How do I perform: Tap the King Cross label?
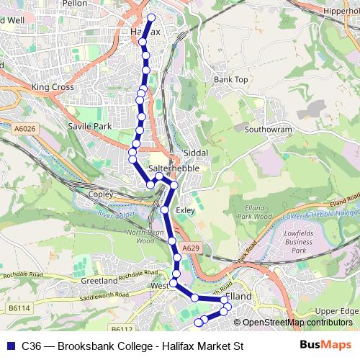tap(53, 87)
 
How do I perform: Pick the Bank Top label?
tap(231, 79)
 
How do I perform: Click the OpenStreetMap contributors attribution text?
tap(296, 323)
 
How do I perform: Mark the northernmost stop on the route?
tap(151, 17)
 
